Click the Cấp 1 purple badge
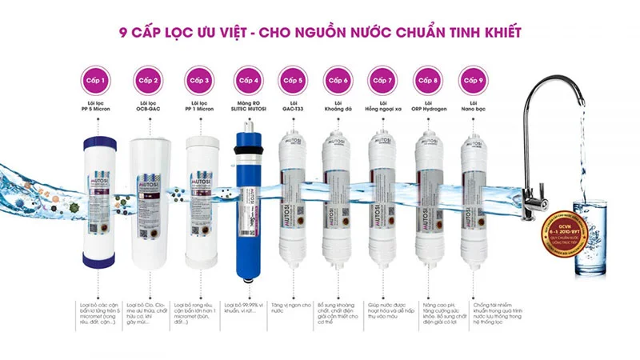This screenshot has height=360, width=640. [101, 80]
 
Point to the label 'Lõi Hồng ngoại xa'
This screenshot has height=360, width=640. [383, 106]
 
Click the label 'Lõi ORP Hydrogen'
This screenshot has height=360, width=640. [429, 106]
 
